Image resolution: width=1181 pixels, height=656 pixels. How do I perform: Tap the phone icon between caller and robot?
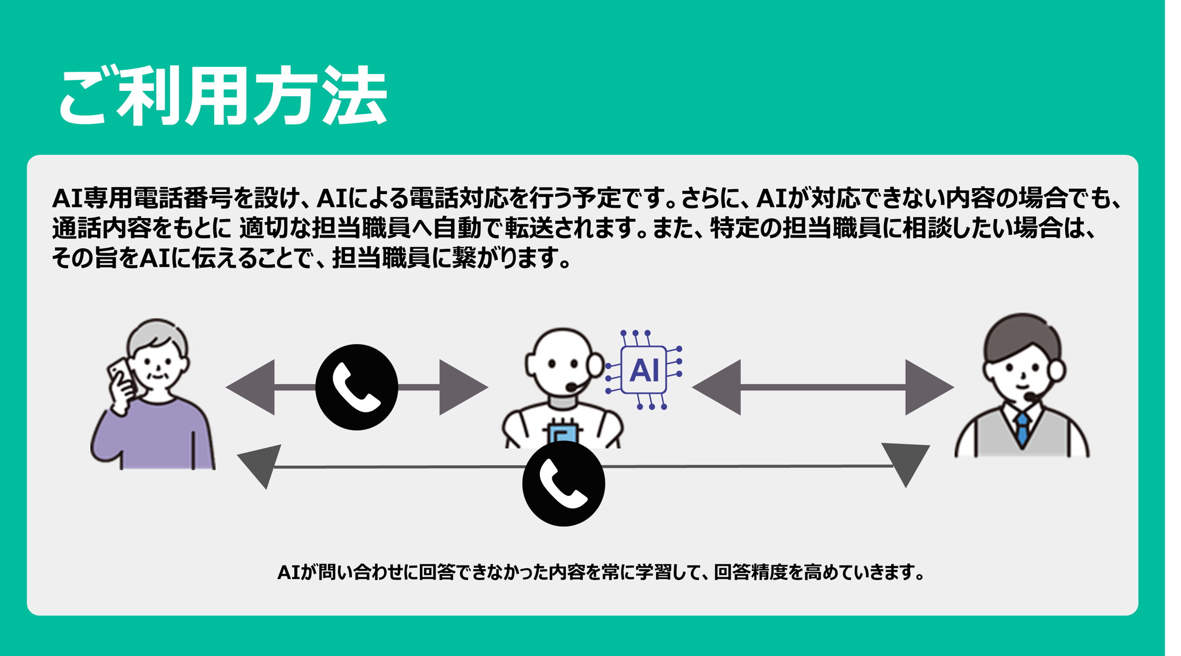tap(356, 387)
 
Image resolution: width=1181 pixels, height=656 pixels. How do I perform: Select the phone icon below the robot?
tap(563, 484)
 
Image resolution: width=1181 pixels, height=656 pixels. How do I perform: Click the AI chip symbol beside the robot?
tap(644, 370)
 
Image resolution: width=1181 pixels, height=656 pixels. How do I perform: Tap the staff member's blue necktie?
tap(1022, 430)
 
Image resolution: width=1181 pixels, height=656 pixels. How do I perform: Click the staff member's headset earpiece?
tap(1057, 370)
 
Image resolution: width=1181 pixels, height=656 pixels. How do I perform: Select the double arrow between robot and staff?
tap(822, 387)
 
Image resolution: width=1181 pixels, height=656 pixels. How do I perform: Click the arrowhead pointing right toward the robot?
tap(461, 387)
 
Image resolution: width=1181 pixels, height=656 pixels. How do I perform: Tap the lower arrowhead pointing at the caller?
tap(260, 465)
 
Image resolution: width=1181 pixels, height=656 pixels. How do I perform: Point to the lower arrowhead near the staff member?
tap(906, 462)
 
